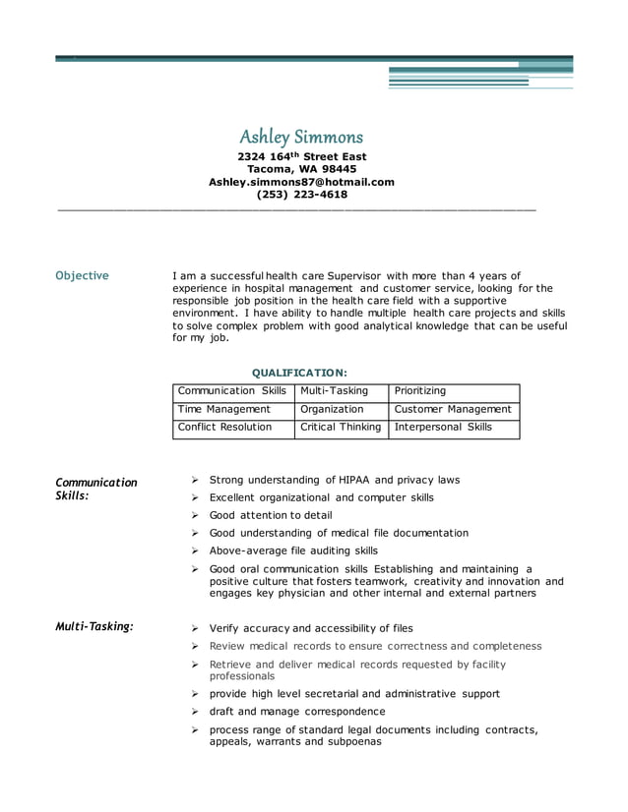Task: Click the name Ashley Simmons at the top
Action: (301, 136)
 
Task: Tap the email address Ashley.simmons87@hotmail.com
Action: (301, 182)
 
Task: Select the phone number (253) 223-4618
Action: (301, 195)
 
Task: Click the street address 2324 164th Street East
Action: (301, 156)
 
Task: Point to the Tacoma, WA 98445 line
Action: (301, 169)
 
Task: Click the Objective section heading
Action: (82, 276)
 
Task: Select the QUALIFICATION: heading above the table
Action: (299, 373)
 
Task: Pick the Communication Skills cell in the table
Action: (232, 391)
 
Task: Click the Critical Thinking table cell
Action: (341, 428)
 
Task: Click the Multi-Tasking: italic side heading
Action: (94, 626)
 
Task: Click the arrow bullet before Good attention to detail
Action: (196, 515)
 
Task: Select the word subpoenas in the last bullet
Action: (354, 742)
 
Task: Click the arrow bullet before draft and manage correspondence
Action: (196, 711)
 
